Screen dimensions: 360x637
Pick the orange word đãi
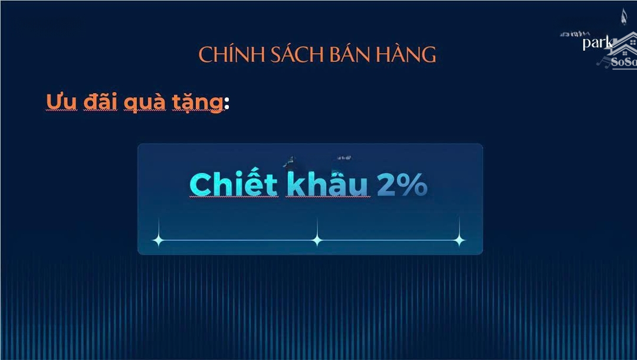click(x=100, y=102)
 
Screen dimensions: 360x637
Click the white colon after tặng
click(x=226, y=104)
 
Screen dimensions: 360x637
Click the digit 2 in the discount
click(x=386, y=185)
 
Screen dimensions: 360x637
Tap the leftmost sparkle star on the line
click(x=158, y=240)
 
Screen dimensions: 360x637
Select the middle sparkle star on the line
click(x=317, y=240)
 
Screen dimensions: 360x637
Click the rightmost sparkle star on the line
click(x=459, y=240)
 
